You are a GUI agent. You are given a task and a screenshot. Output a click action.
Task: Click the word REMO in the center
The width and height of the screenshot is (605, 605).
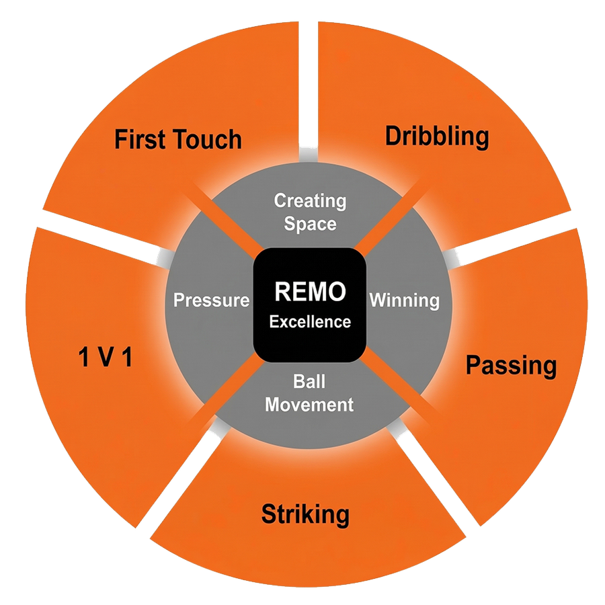(x=309, y=292)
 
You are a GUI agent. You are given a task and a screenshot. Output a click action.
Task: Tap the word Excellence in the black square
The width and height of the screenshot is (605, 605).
(x=310, y=321)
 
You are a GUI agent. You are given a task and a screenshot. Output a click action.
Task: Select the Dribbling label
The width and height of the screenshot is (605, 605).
(x=436, y=136)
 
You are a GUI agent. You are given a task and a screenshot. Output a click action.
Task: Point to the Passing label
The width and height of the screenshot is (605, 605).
(x=512, y=366)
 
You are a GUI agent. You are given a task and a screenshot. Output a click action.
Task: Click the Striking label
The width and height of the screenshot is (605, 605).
(x=305, y=516)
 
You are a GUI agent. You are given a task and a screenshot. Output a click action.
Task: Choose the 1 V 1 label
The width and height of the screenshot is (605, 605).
(x=105, y=358)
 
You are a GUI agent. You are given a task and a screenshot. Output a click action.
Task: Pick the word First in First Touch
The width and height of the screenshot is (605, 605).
(x=138, y=140)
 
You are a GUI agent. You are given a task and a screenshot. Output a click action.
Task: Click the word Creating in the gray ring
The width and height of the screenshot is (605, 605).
(x=310, y=200)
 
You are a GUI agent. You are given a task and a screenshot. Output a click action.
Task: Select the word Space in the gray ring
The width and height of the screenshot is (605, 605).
(x=310, y=223)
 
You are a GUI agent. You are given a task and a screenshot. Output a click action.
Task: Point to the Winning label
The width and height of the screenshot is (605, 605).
(x=404, y=300)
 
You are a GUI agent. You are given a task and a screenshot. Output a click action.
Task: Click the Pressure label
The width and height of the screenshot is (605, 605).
(x=211, y=300)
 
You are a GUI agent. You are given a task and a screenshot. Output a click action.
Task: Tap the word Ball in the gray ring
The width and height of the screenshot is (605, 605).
(x=309, y=382)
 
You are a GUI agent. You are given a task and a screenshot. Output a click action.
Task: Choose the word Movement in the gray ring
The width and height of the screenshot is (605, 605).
(x=309, y=405)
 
